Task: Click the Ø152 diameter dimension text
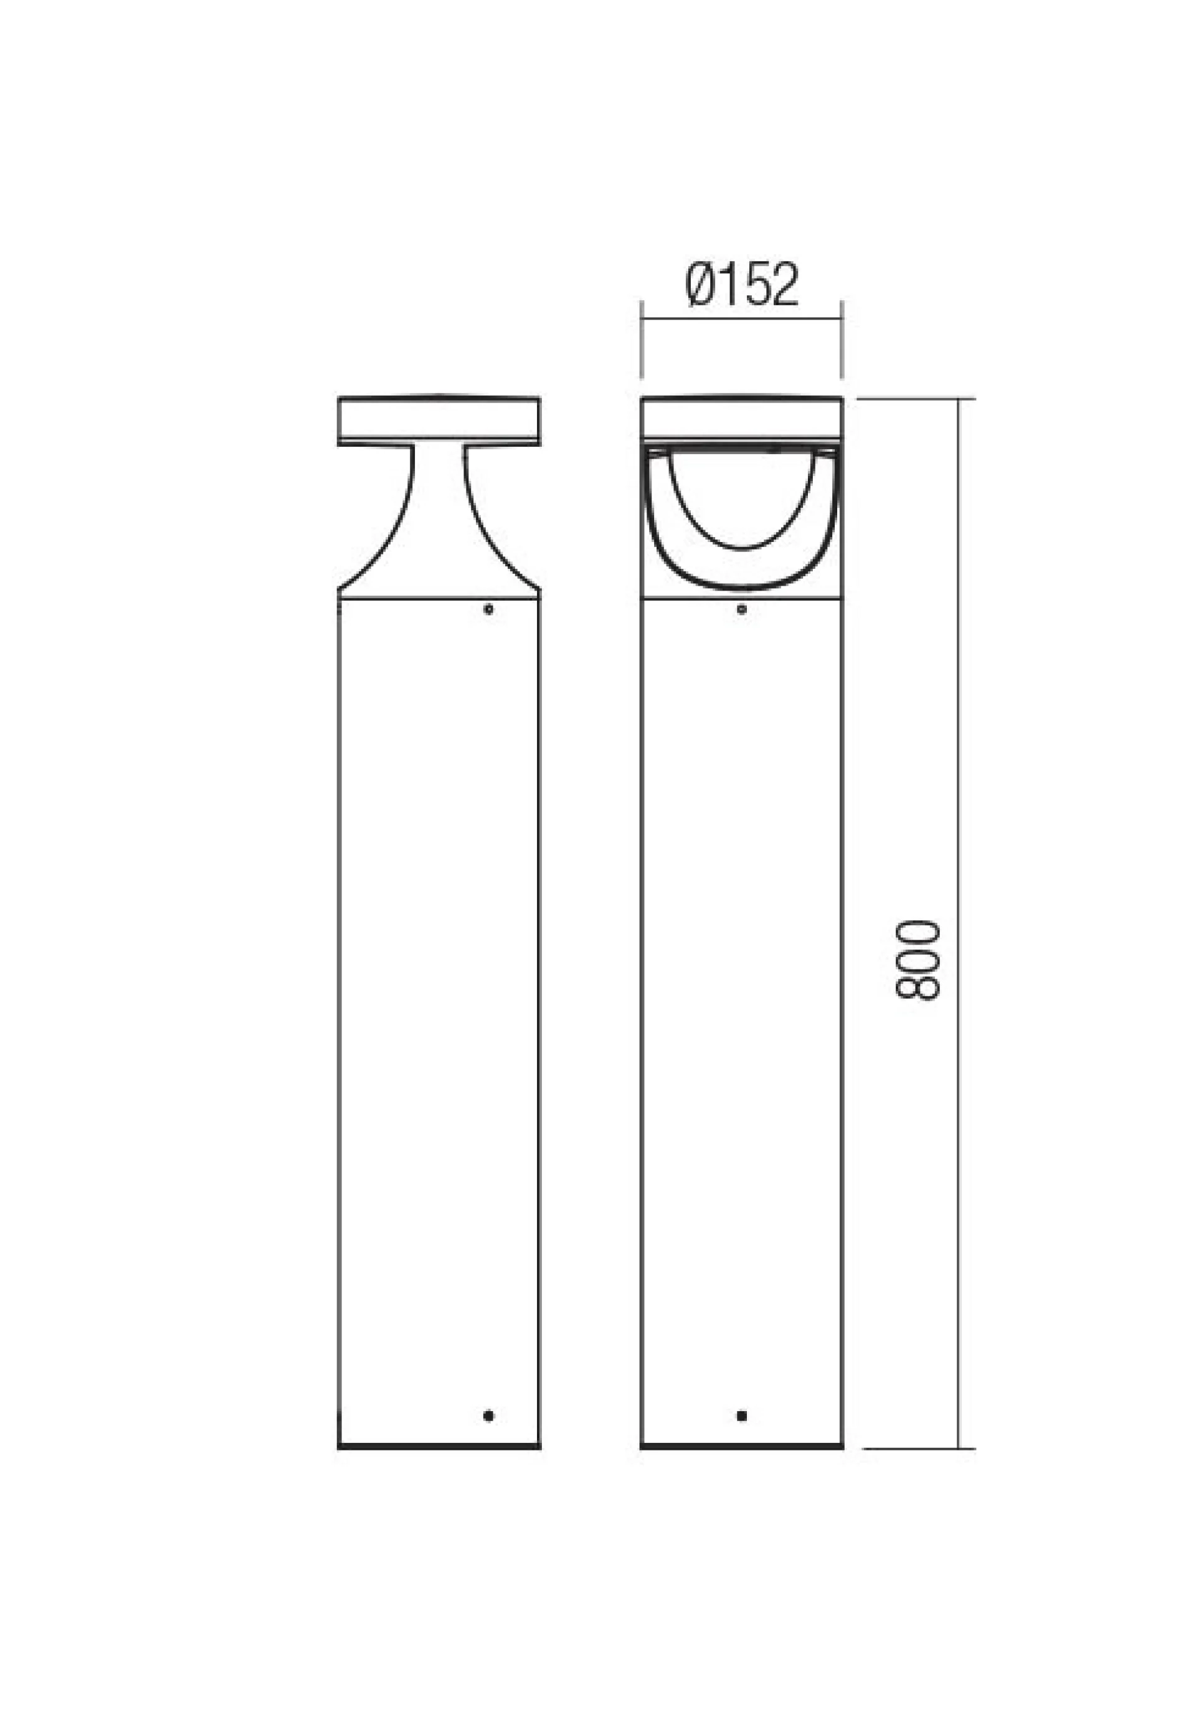(742, 283)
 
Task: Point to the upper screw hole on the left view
(488, 609)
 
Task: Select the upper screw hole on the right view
(741, 609)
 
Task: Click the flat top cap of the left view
(439, 421)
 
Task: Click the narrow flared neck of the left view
(439, 521)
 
